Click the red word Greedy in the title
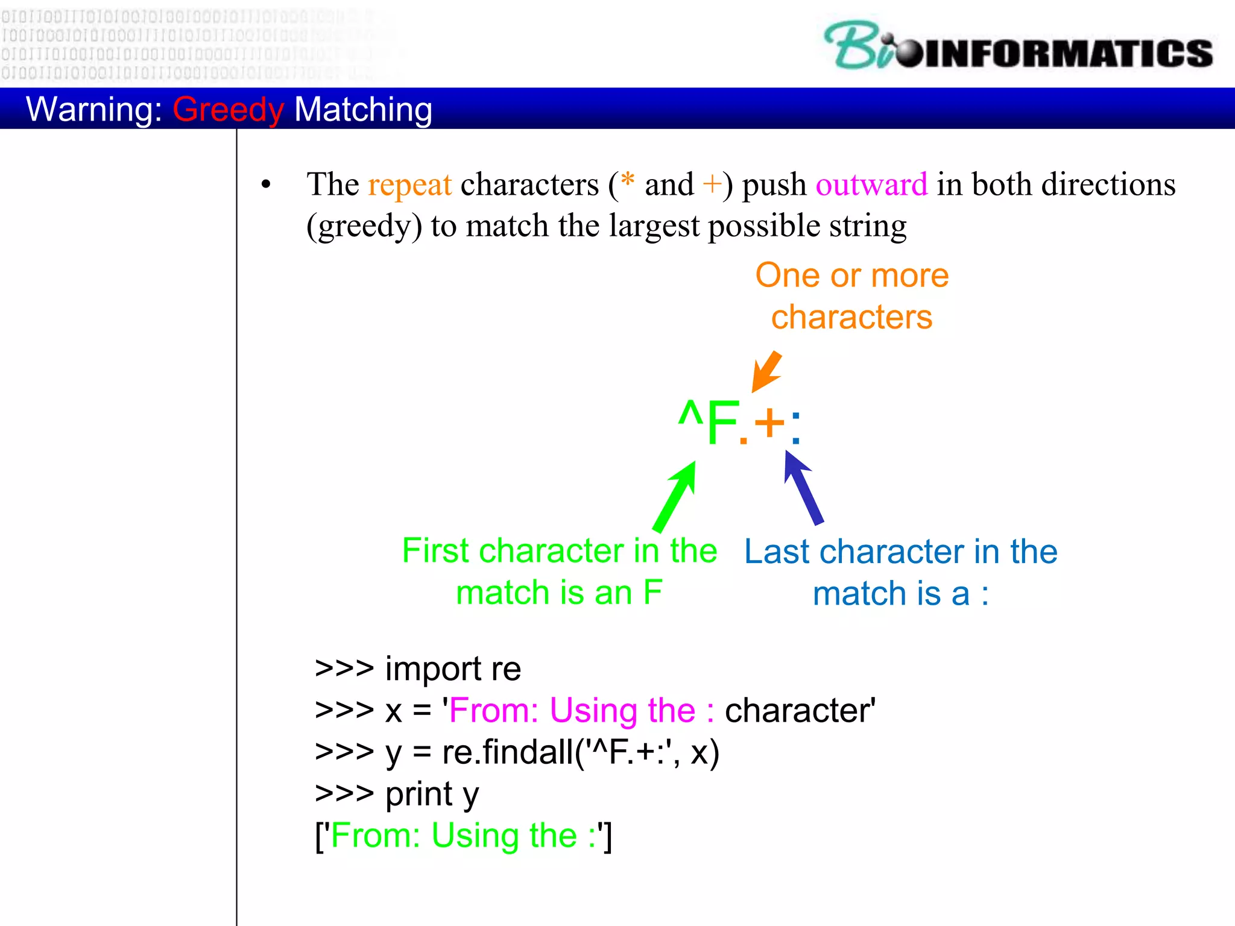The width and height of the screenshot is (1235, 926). click(x=228, y=110)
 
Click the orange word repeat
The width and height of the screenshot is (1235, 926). click(x=409, y=184)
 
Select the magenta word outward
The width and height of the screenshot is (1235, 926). click(x=871, y=184)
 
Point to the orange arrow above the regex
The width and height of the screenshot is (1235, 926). click(x=766, y=371)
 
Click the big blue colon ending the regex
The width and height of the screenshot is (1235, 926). click(x=796, y=426)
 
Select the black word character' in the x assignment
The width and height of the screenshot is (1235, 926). click(x=800, y=711)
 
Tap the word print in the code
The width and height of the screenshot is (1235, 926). click(x=419, y=794)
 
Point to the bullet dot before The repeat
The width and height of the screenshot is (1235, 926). click(x=266, y=184)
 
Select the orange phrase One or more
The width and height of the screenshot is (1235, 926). click(x=851, y=276)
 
